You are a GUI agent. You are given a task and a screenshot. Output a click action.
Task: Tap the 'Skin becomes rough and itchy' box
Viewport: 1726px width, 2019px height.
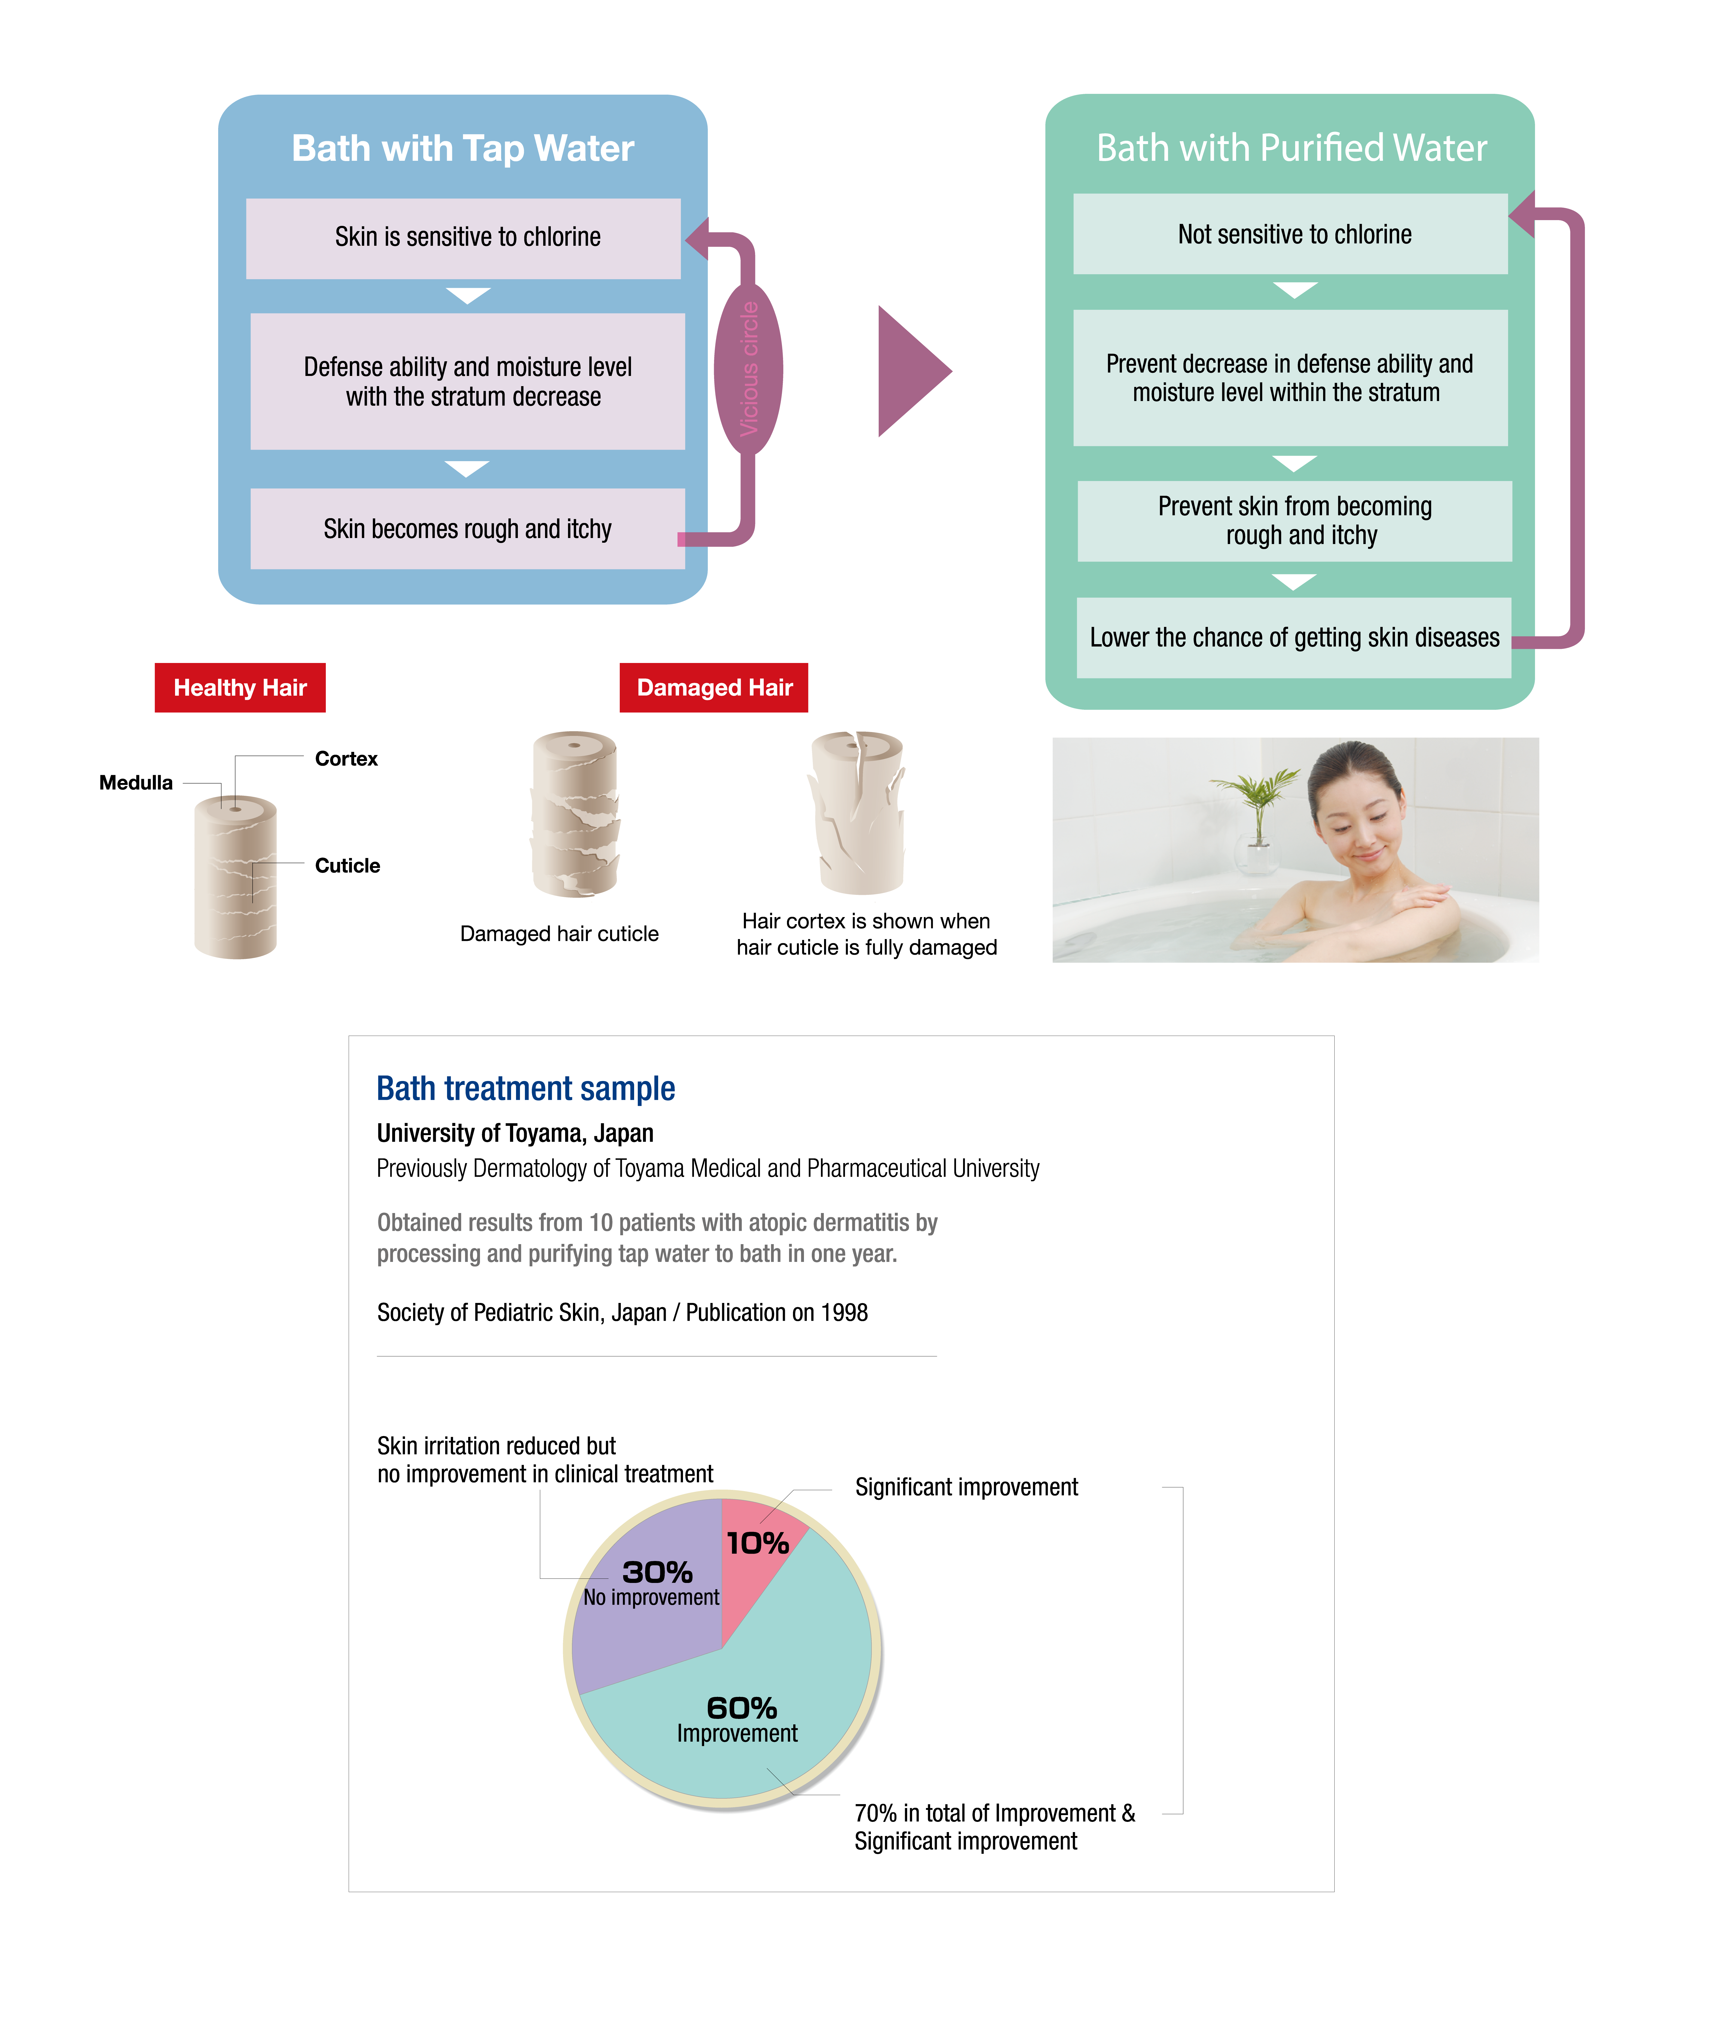pyautogui.click(x=467, y=529)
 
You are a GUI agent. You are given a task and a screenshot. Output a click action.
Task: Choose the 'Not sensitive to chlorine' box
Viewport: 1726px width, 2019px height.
pyautogui.click(x=1291, y=234)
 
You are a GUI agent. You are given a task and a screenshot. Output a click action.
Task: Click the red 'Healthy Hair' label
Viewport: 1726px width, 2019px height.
pyautogui.click(x=240, y=688)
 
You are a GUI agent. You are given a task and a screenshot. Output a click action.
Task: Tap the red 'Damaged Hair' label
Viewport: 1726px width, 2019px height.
pyautogui.click(x=714, y=688)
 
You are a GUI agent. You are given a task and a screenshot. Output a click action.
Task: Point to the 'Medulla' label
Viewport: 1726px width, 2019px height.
pyautogui.click(x=136, y=782)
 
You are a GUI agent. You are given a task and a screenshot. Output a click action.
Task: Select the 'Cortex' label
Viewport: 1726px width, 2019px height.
pyautogui.click(x=346, y=758)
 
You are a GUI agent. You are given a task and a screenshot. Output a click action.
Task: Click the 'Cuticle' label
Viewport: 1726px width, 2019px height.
pyautogui.click(x=347, y=865)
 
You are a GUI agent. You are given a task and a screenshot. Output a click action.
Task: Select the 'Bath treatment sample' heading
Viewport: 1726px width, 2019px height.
pyautogui.click(x=526, y=1088)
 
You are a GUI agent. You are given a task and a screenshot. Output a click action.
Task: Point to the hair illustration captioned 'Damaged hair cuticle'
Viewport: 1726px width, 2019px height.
pyautogui.click(x=575, y=814)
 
